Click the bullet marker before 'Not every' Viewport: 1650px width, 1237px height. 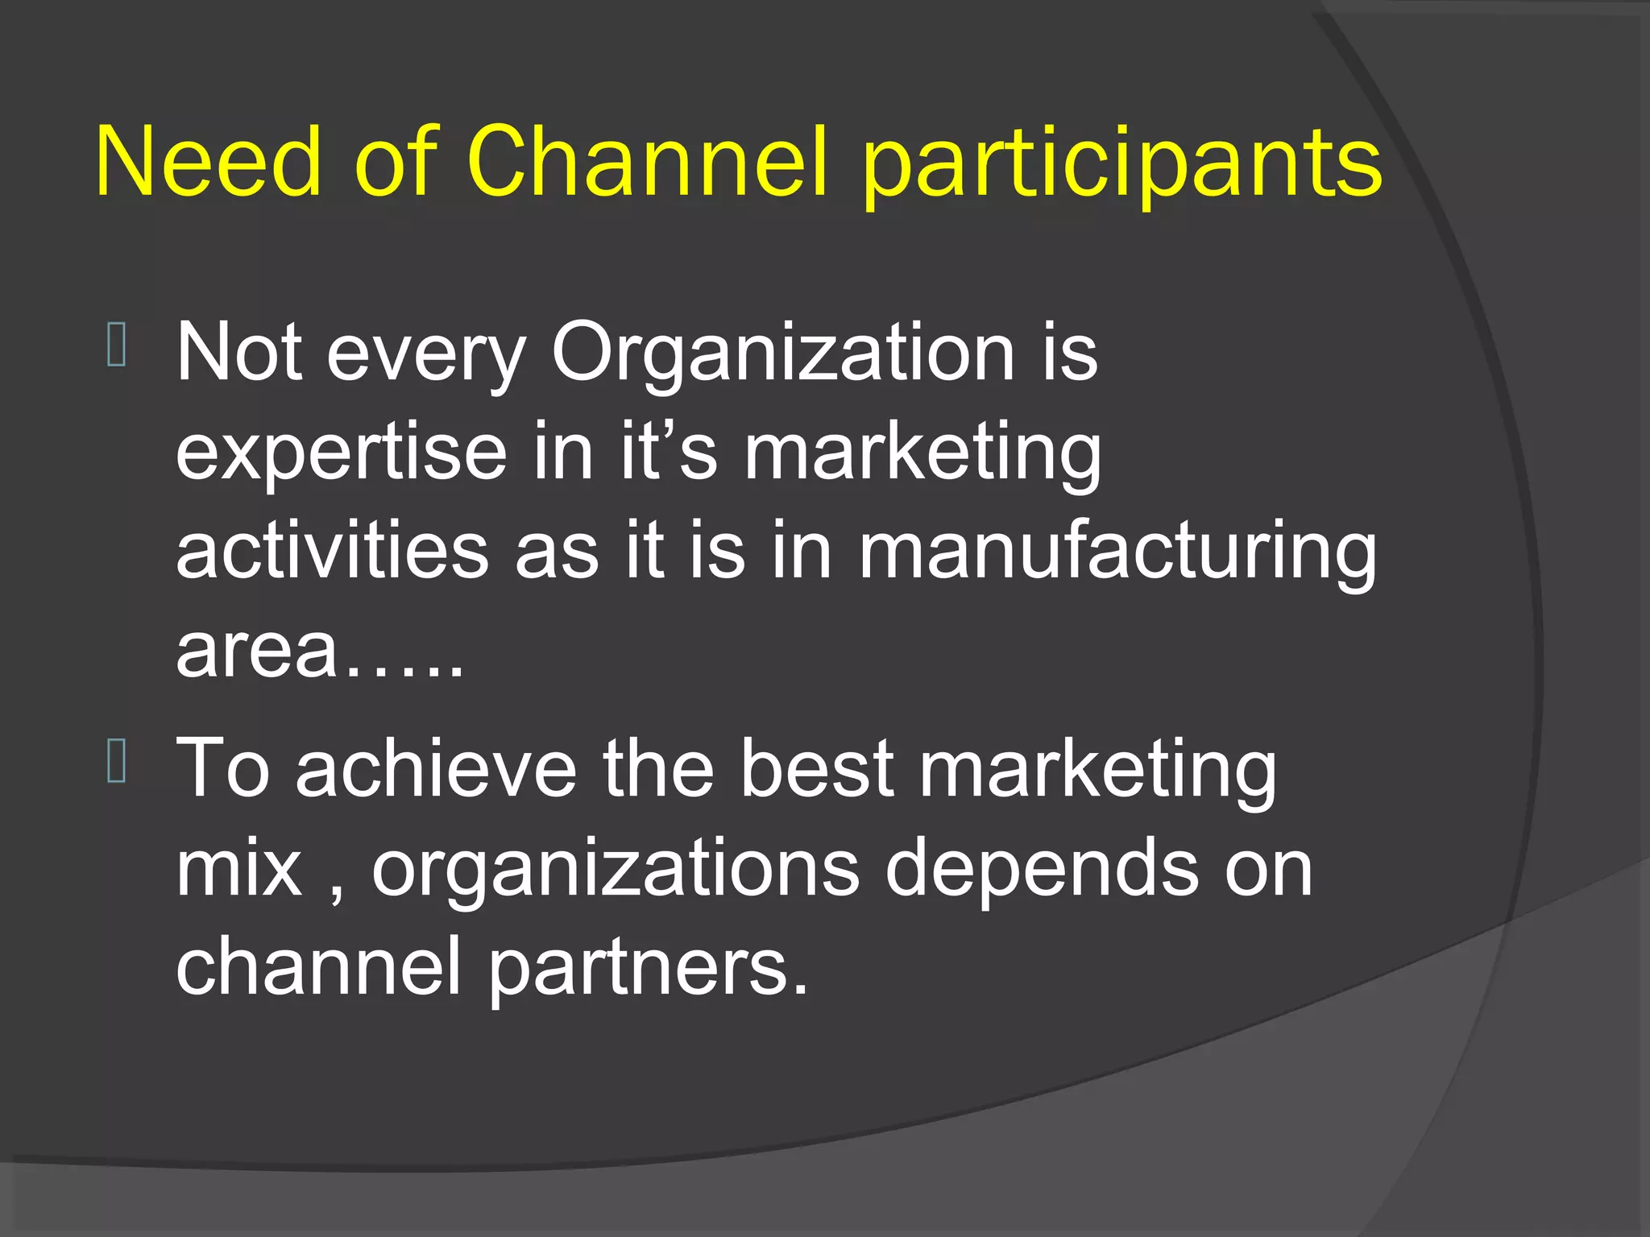coord(116,345)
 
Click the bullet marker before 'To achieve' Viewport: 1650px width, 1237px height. coord(116,761)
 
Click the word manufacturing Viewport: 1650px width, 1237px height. coord(1117,554)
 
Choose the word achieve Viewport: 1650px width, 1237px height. coord(436,769)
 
